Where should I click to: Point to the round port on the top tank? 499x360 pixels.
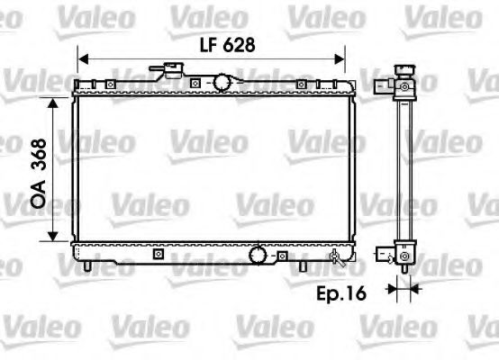(221, 83)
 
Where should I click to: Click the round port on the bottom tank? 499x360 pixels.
(259, 255)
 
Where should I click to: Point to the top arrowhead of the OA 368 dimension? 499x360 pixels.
(56, 94)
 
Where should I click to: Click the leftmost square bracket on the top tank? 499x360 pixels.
(108, 85)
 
